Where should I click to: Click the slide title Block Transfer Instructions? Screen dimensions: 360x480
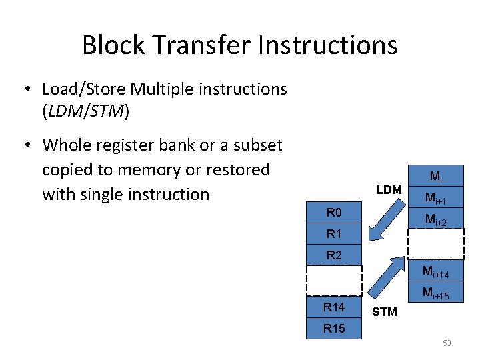pos(239,45)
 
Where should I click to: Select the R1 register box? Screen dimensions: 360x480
pos(334,235)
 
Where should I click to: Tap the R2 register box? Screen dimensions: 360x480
pos(334,255)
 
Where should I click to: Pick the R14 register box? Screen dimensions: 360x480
pos(334,307)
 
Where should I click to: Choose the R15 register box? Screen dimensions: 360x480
pos(334,328)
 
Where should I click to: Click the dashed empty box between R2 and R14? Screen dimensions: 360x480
pos(334,280)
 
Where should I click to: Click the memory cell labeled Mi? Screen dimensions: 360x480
pos(435,177)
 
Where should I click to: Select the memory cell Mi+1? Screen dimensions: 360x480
pos(435,199)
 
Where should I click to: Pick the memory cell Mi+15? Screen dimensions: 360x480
pos(435,293)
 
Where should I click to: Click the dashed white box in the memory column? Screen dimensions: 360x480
pos(435,243)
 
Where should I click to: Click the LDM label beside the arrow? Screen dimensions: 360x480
pos(389,190)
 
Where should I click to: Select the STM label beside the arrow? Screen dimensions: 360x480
pos(384,311)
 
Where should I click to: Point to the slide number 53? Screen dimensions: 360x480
pos(447,343)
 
